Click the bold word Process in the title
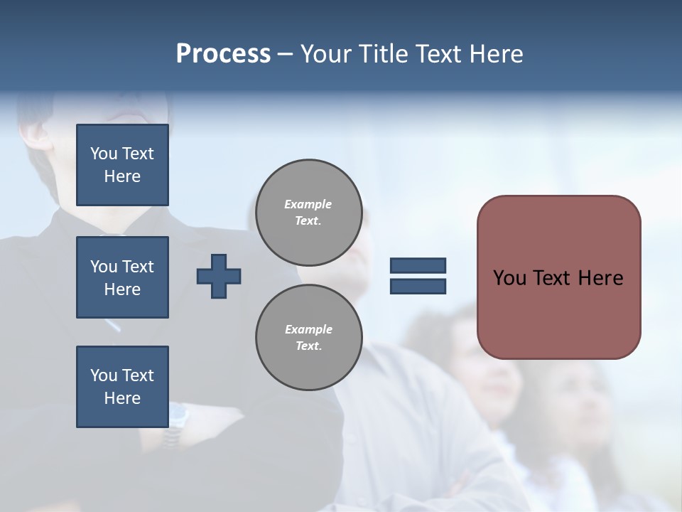coord(223,54)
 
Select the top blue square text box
coord(122,165)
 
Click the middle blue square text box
coord(122,277)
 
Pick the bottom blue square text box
coord(122,387)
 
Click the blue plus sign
coord(219,276)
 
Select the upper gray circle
coord(308,213)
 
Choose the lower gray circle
coord(308,338)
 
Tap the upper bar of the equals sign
coord(418,265)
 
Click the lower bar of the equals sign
coord(418,286)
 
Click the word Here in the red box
coord(600,278)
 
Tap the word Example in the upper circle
coord(308,204)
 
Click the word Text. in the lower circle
coord(308,346)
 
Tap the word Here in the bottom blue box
coord(122,398)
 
